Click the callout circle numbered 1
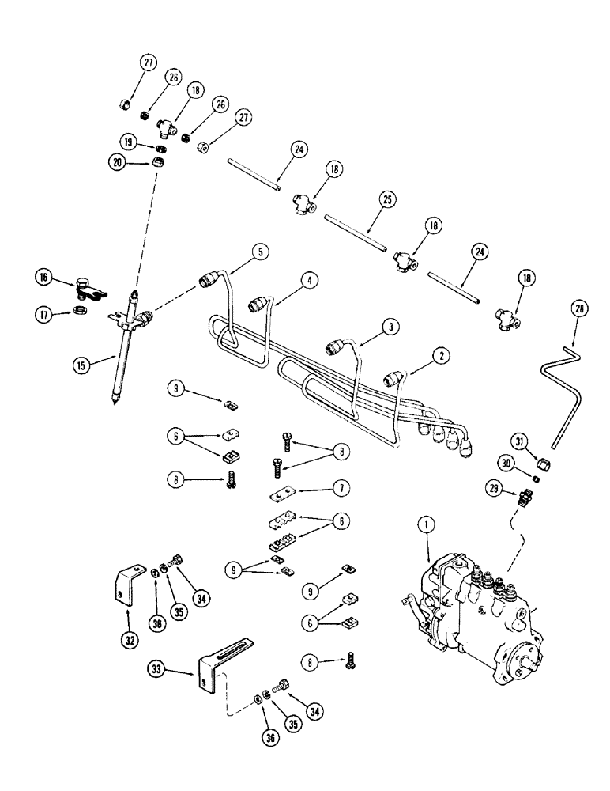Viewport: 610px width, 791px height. point(427,523)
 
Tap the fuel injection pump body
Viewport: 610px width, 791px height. point(474,625)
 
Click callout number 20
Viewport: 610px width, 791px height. point(118,162)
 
